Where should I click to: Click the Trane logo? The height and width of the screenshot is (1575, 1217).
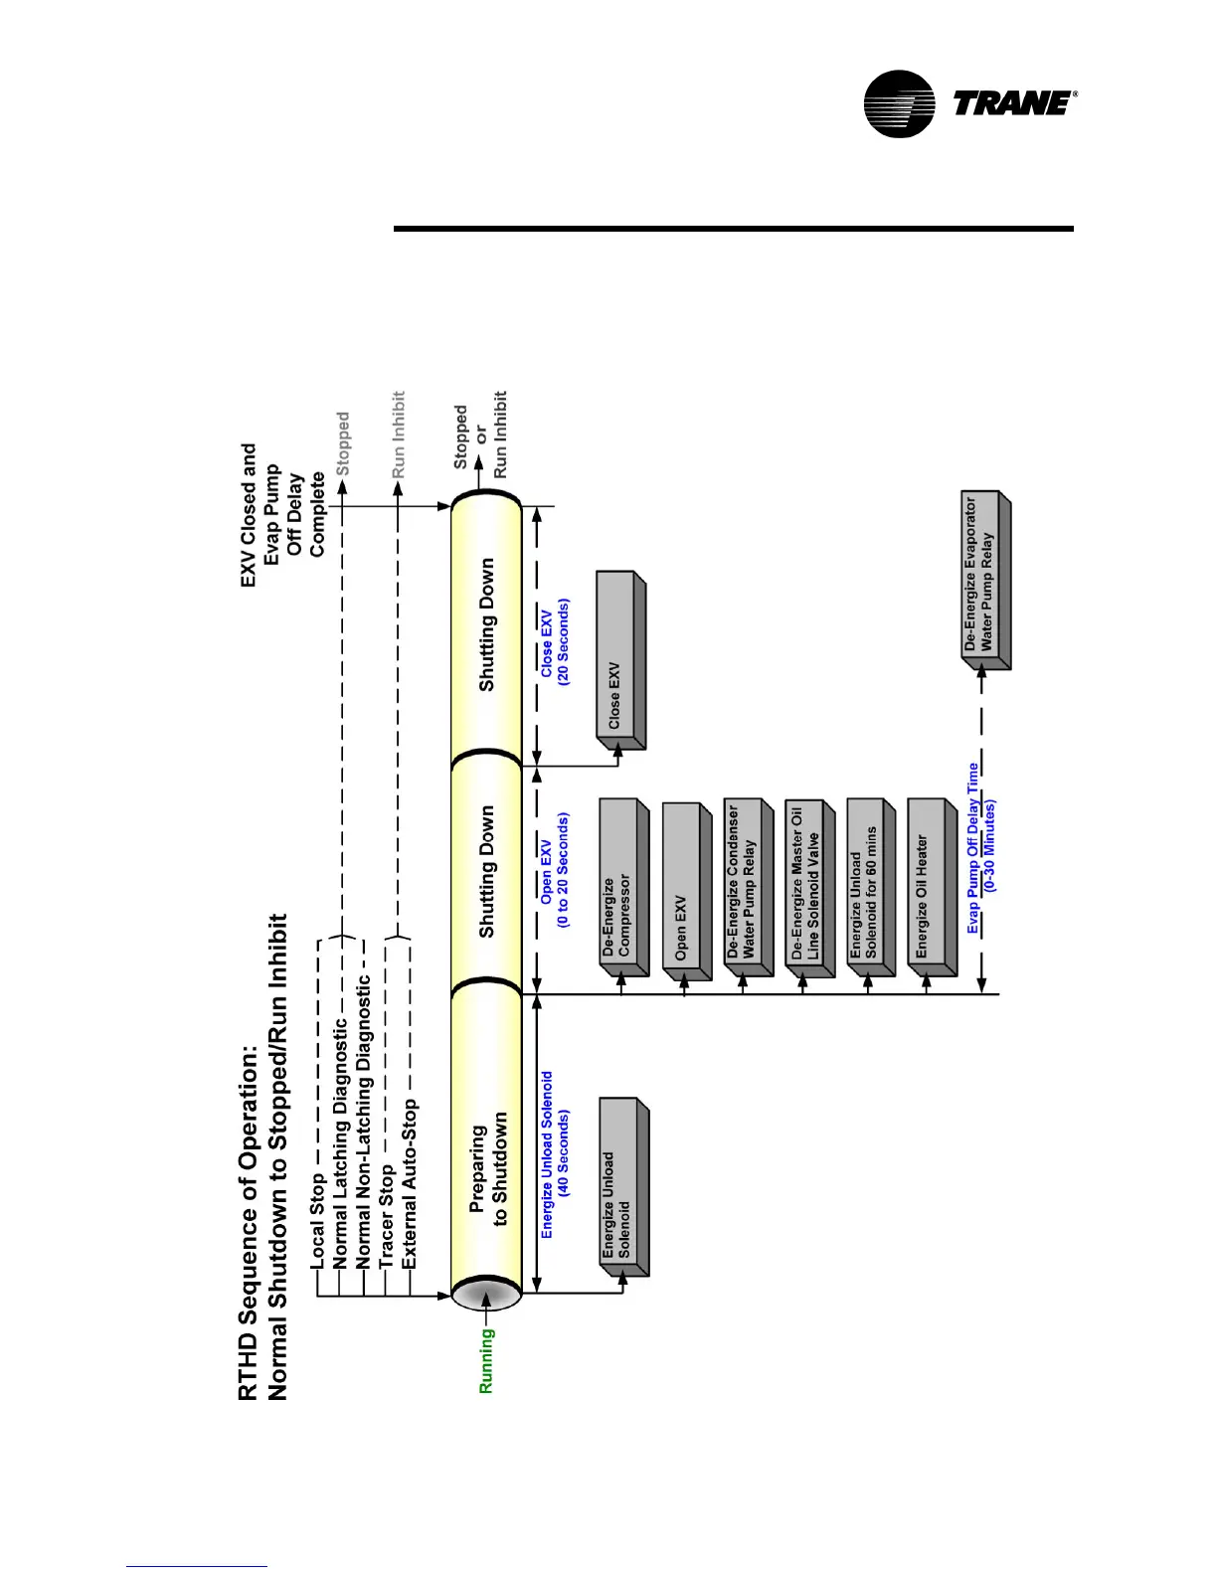coord(969,103)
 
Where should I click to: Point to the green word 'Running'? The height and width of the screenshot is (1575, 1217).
coord(486,1361)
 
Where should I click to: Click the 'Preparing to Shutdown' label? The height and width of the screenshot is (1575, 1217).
coord(488,1168)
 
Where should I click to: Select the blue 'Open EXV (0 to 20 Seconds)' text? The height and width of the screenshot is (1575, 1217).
coord(555,870)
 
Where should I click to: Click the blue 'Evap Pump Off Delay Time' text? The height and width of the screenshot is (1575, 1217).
coord(973,848)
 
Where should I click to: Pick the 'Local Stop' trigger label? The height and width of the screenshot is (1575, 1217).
coord(317,1220)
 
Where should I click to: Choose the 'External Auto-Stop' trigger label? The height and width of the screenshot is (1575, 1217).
coord(410,1183)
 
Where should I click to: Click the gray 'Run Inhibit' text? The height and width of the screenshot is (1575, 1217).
coord(398,435)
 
